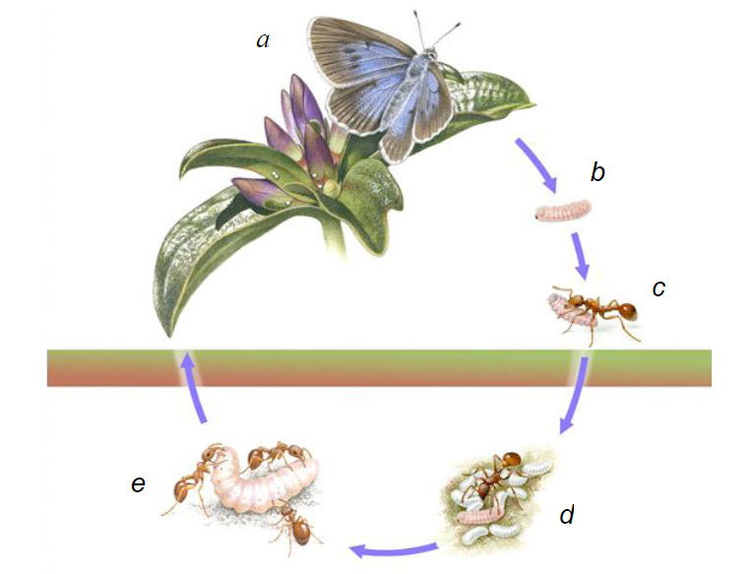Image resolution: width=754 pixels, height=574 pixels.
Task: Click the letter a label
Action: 263,40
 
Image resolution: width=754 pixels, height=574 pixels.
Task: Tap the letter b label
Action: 597,174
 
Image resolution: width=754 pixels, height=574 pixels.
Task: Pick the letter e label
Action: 138,483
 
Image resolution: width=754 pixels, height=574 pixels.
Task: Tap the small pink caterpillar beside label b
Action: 563,211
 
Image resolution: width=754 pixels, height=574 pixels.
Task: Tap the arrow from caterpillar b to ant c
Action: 580,255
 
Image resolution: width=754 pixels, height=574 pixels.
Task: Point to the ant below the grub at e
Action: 296,523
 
